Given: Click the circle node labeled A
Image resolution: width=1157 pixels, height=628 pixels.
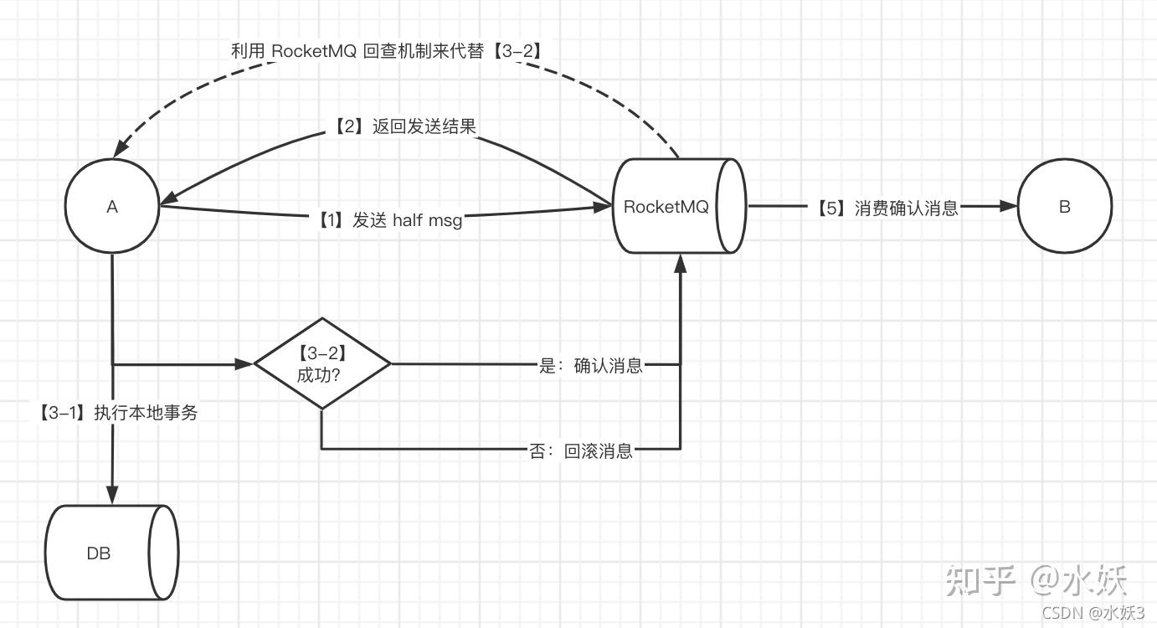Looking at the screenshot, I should click(x=112, y=207).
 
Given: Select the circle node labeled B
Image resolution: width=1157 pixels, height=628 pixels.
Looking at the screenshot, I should click(x=1064, y=207).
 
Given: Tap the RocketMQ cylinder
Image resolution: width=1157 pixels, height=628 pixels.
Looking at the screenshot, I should click(x=678, y=207).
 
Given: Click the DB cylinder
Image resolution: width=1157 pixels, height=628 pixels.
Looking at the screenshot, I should click(x=111, y=553).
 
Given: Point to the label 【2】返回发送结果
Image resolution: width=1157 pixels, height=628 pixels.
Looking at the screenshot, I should click(x=401, y=126).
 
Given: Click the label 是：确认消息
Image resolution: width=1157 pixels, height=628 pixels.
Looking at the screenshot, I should click(x=591, y=365).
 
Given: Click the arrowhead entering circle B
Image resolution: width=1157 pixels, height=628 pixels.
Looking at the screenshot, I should click(x=1009, y=207).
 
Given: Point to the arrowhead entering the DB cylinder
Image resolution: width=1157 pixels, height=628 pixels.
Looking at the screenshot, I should click(x=112, y=495).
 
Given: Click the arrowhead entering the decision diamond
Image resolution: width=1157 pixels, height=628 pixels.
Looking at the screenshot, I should click(x=244, y=364).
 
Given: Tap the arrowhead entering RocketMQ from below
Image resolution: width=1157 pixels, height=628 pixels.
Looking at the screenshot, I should click(x=680, y=263).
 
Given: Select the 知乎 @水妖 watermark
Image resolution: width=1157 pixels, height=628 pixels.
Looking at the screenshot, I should click(x=1036, y=580).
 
